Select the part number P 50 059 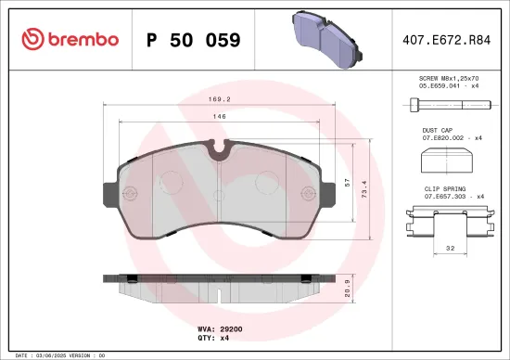point(194,40)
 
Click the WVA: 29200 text point(220,329)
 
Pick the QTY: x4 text point(213,339)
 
